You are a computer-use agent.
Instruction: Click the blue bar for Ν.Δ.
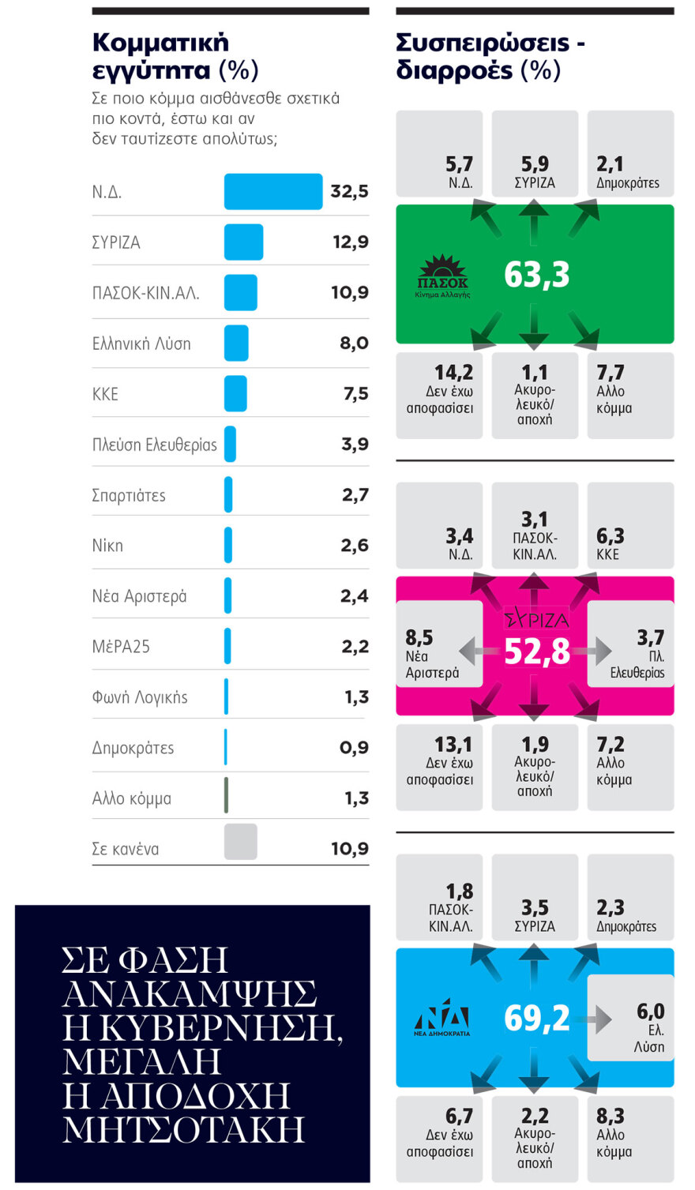[x=272, y=192]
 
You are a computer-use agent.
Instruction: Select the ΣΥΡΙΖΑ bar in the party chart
[x=243, y=242]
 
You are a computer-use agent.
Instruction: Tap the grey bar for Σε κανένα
[x=240, y=842]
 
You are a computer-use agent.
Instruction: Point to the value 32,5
[x=349, y=192]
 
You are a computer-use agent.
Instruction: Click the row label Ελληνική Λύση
[x=141, y=343]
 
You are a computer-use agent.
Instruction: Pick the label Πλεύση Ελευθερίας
[x=154, y=445]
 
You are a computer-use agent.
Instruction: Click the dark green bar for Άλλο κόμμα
[x=226, y=796]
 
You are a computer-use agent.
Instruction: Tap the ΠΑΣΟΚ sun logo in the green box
[x=442, y=276]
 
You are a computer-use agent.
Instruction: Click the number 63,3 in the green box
[x=536, y=275]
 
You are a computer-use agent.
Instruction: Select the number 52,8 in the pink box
[x=536, y=651]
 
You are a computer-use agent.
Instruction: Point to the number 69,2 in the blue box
[x=536, y=1019]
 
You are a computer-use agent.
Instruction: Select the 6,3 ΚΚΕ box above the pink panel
[x=629, y=525]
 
